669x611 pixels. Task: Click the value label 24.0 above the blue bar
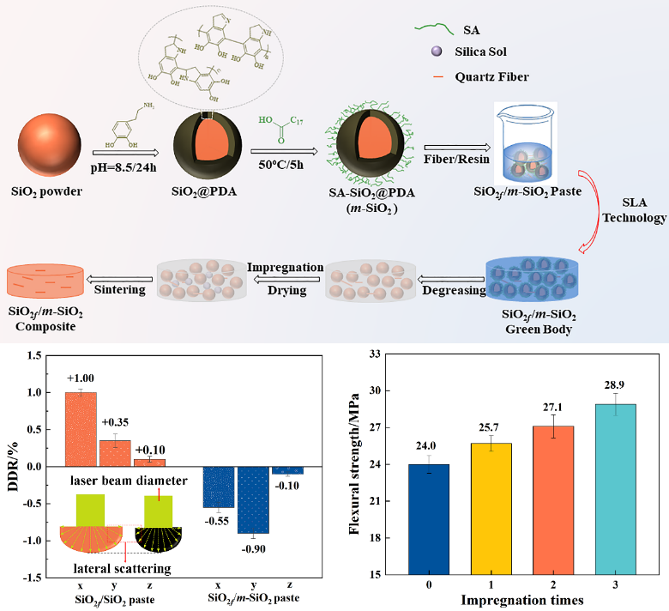[x=426, y=448]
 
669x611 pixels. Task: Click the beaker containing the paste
[x=525, y=152]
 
